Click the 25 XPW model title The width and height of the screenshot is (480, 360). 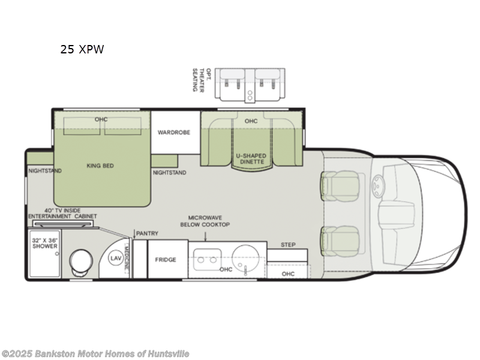coord(82,50)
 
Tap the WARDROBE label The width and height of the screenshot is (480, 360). coord(174,132)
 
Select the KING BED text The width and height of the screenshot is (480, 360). coord(100,166)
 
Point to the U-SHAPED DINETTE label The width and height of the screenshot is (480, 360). coord(251,158)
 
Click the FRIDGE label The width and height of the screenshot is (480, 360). coord(166,260)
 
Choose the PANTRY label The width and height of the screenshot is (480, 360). coord(146,233)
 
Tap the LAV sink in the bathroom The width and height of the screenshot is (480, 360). coord(116,258)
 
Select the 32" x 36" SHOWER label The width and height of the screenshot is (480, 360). coord(45,242)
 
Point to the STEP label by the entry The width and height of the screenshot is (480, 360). coord(287,245)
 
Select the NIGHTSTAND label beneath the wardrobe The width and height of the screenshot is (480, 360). coord(169,173)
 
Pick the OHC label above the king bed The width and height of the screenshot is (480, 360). coord(101,119)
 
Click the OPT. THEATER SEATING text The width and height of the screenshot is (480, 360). coord(202,80)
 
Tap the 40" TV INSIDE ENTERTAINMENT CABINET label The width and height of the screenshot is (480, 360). coord(62,213)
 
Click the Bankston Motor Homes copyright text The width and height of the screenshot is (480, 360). coord(95,353)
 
